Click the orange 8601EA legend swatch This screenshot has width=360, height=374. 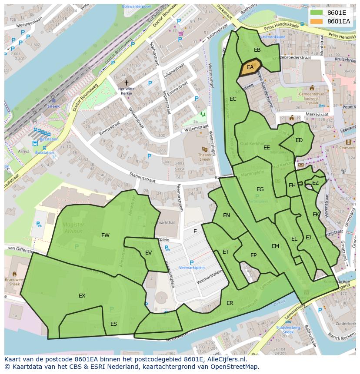tap(317, 21)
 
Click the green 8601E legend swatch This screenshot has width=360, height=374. tap(317, 13)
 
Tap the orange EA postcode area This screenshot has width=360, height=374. tap(250, 67)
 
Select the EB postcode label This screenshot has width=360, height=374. tap(257, 50)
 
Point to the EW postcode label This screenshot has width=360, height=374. tap(105, 235)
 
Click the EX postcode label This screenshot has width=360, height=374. tap(82, 296)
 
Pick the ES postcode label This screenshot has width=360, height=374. tap(113, 324)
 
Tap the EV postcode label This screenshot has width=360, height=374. tap(148, 253)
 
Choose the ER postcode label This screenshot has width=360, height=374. tap(230, 303)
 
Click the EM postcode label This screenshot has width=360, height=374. tap(275, 246)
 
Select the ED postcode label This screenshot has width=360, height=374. tap(299, 140)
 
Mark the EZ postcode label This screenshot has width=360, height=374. tap(315, 183)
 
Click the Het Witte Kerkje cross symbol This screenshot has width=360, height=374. tap(127, 83)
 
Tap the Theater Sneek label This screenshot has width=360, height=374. tap(205, 157)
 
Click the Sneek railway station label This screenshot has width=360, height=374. tap(53, 106)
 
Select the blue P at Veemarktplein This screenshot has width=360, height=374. tap(191, 262)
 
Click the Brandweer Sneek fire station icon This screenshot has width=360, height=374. tap(14, 274)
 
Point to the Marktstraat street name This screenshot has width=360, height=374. tap(316, 114)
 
